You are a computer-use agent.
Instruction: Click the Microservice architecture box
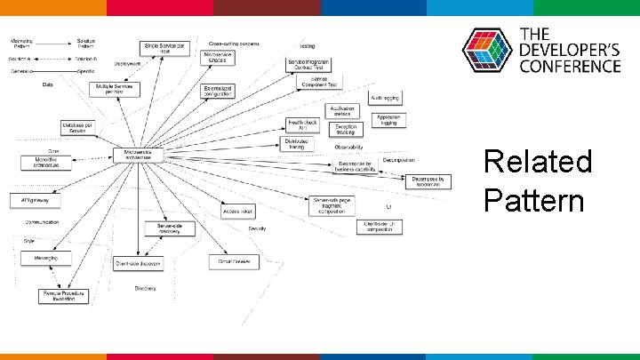coord(138,155)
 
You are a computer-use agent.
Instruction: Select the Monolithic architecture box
coord(46,163)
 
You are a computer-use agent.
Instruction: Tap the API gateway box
coord(32,199)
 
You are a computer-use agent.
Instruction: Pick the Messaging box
coord(46,258)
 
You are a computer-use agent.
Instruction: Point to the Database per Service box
coord(80,128)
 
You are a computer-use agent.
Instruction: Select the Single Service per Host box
coord(165,48)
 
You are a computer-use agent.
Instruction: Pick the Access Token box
coord(237,211)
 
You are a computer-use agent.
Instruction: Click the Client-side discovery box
coord(138,263)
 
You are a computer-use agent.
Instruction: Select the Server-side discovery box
coord(170,228)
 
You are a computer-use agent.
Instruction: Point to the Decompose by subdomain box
coord(430,180)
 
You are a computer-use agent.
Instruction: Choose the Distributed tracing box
coord(294,144)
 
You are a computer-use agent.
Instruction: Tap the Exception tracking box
coord(346,130)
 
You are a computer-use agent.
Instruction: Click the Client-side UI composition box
coord(380,227)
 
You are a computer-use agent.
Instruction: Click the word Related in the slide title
coord(537,163)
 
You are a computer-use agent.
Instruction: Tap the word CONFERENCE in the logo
coord(569,67)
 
